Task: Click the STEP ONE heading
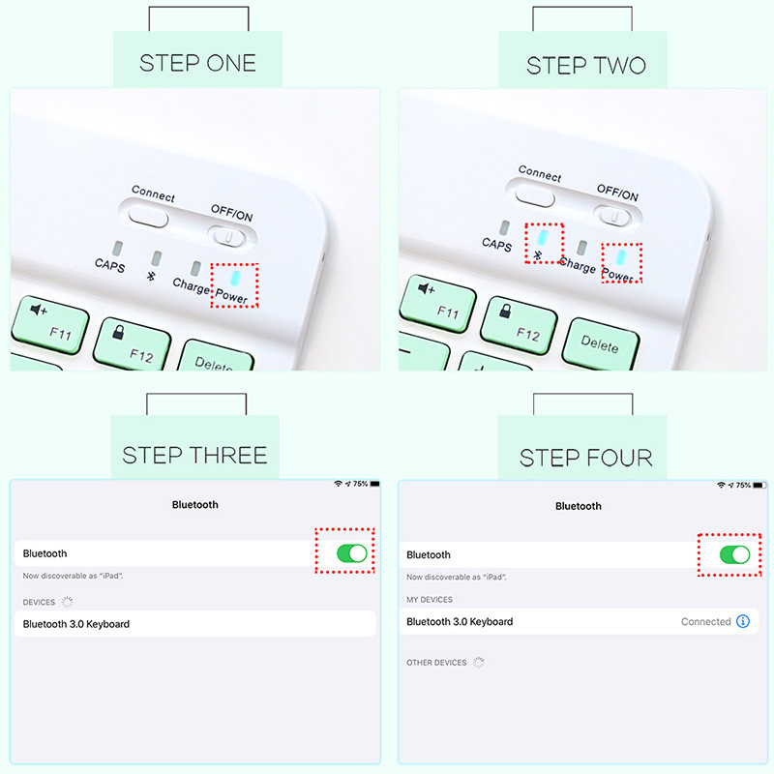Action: click(x=197, y=63)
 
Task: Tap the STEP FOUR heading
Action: click(x=586, y=458)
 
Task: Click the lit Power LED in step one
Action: click(x=235, y=278)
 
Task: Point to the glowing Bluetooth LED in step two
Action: click(x=543, y=237)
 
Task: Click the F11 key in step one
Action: click(x=50, y=325)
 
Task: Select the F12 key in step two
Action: click(x=519, y=326)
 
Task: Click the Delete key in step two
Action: click(x=600, y=343)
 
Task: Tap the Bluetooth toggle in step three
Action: click(x=352, y=553)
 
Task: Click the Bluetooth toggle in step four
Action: click(x=735, y=554)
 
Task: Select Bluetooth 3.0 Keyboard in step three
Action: click(x=76, y=624)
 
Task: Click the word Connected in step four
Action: click(x=706, y=621)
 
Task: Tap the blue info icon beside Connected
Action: click(x=743, y=621)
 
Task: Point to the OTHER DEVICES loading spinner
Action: click(x=478, y=662)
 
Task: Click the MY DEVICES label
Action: click(x=430, y=599)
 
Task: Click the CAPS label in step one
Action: click(x=109, y=265)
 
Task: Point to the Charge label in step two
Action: click(x=577, y=264)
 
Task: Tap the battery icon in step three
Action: click(x=375, y=484)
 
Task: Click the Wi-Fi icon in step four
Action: click(x=721, y=486)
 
